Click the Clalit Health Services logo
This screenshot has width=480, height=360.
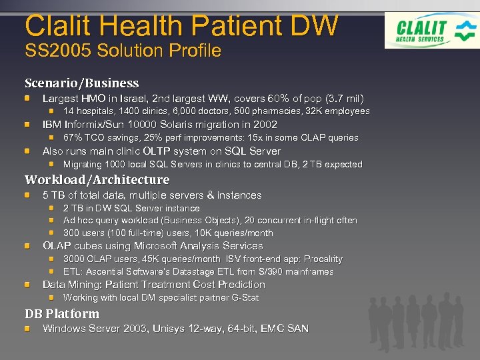coord(431,30)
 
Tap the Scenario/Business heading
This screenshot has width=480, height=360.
coord(81,83)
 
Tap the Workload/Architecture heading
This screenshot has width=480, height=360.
coord(97,180)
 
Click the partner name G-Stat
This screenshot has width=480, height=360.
coord(242,298)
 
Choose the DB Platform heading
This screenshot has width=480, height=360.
coord(62,314)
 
